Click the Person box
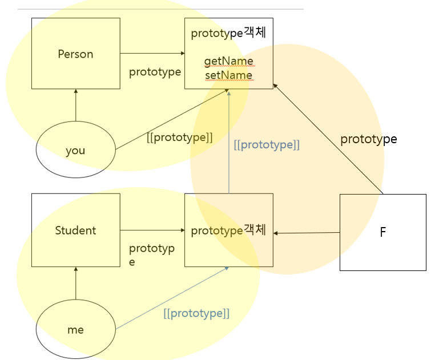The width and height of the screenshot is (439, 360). point(75,54)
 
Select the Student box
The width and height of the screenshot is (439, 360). point(75,230)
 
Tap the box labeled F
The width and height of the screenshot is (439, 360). point(382,232)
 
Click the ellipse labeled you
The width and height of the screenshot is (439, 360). point(75,150)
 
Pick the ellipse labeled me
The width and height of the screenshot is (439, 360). point(75,329)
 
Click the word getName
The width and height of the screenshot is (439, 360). point(228,61)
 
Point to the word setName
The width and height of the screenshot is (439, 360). point(228,75)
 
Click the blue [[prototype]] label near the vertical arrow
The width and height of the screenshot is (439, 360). point(267,145)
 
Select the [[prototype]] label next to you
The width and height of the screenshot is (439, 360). point(179,137)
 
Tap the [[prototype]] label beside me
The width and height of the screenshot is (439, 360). point(196,313)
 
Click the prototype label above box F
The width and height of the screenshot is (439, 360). point(368,139)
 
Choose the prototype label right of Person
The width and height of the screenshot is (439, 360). point(155,72)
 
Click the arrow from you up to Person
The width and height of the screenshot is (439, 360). point(75,106)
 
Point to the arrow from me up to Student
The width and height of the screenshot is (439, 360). point(75,283)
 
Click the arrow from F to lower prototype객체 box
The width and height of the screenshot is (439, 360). point(307,233)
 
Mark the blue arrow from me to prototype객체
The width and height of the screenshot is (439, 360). point(171,298)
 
